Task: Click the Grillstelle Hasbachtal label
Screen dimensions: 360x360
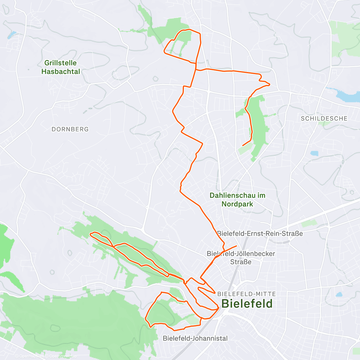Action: pos(61,67)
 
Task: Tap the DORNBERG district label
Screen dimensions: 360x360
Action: pos(70,129)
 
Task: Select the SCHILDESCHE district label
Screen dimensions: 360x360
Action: pos(324,118)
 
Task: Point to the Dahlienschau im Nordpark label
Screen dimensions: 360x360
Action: pos(237,200)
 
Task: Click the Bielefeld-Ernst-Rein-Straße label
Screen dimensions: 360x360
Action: pos(260,233)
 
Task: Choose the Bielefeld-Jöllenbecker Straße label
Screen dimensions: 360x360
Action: pos(241,258)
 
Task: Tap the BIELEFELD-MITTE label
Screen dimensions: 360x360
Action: pos(247,294)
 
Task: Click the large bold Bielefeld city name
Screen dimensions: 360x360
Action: pos(247,304)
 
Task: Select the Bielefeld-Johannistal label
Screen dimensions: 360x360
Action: pos(195,338)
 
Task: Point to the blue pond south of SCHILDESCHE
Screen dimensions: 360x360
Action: pos(314,153)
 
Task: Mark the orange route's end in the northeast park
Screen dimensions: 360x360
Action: pos(243,145)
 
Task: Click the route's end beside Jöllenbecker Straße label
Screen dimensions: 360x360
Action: pos(236,246)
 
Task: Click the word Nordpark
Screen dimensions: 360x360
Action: pos(237,204)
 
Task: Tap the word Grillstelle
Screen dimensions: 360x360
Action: pos(61,63)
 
